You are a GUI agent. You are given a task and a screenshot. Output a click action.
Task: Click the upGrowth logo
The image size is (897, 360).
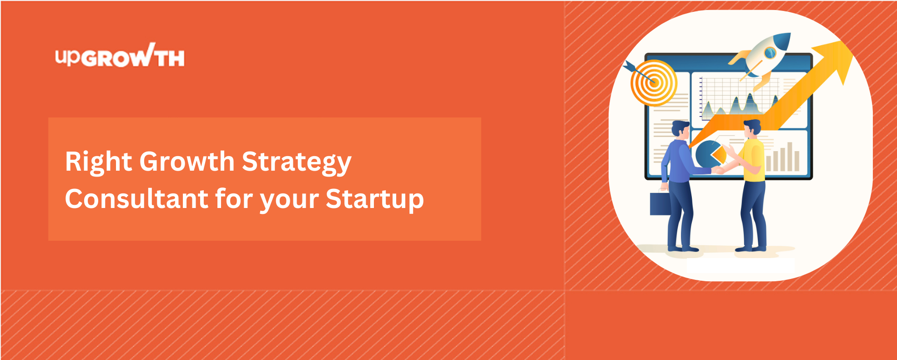[x=120, y=55]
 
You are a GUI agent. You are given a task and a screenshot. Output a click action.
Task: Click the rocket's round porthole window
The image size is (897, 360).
[x=770, y=53]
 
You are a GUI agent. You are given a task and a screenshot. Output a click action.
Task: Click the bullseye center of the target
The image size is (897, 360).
[x=654, y=82]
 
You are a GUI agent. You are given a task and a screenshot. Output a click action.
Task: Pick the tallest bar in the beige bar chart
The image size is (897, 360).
[x=790, y=157]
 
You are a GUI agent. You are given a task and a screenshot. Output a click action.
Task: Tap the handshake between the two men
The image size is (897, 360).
[x=719, y=170]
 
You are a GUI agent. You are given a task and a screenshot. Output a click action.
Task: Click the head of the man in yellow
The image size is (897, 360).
[x=751, y=129]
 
